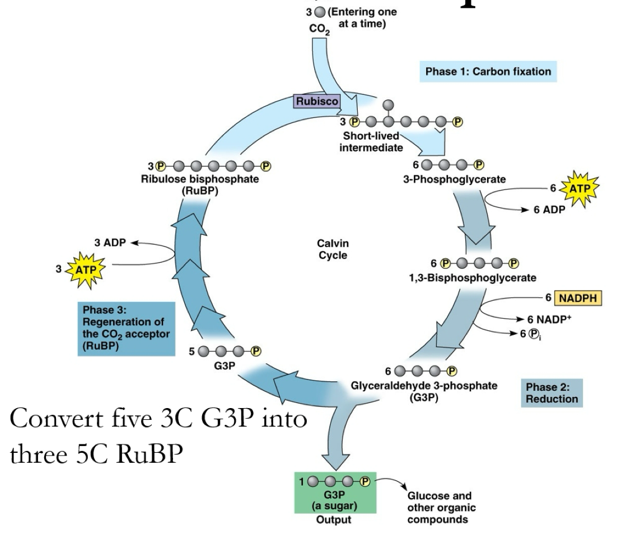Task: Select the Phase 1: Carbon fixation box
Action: click(488, 72)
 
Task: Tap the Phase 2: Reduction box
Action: click(551, 392)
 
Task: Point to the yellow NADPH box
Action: click(578, 299)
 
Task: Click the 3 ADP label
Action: click(110, 243)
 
